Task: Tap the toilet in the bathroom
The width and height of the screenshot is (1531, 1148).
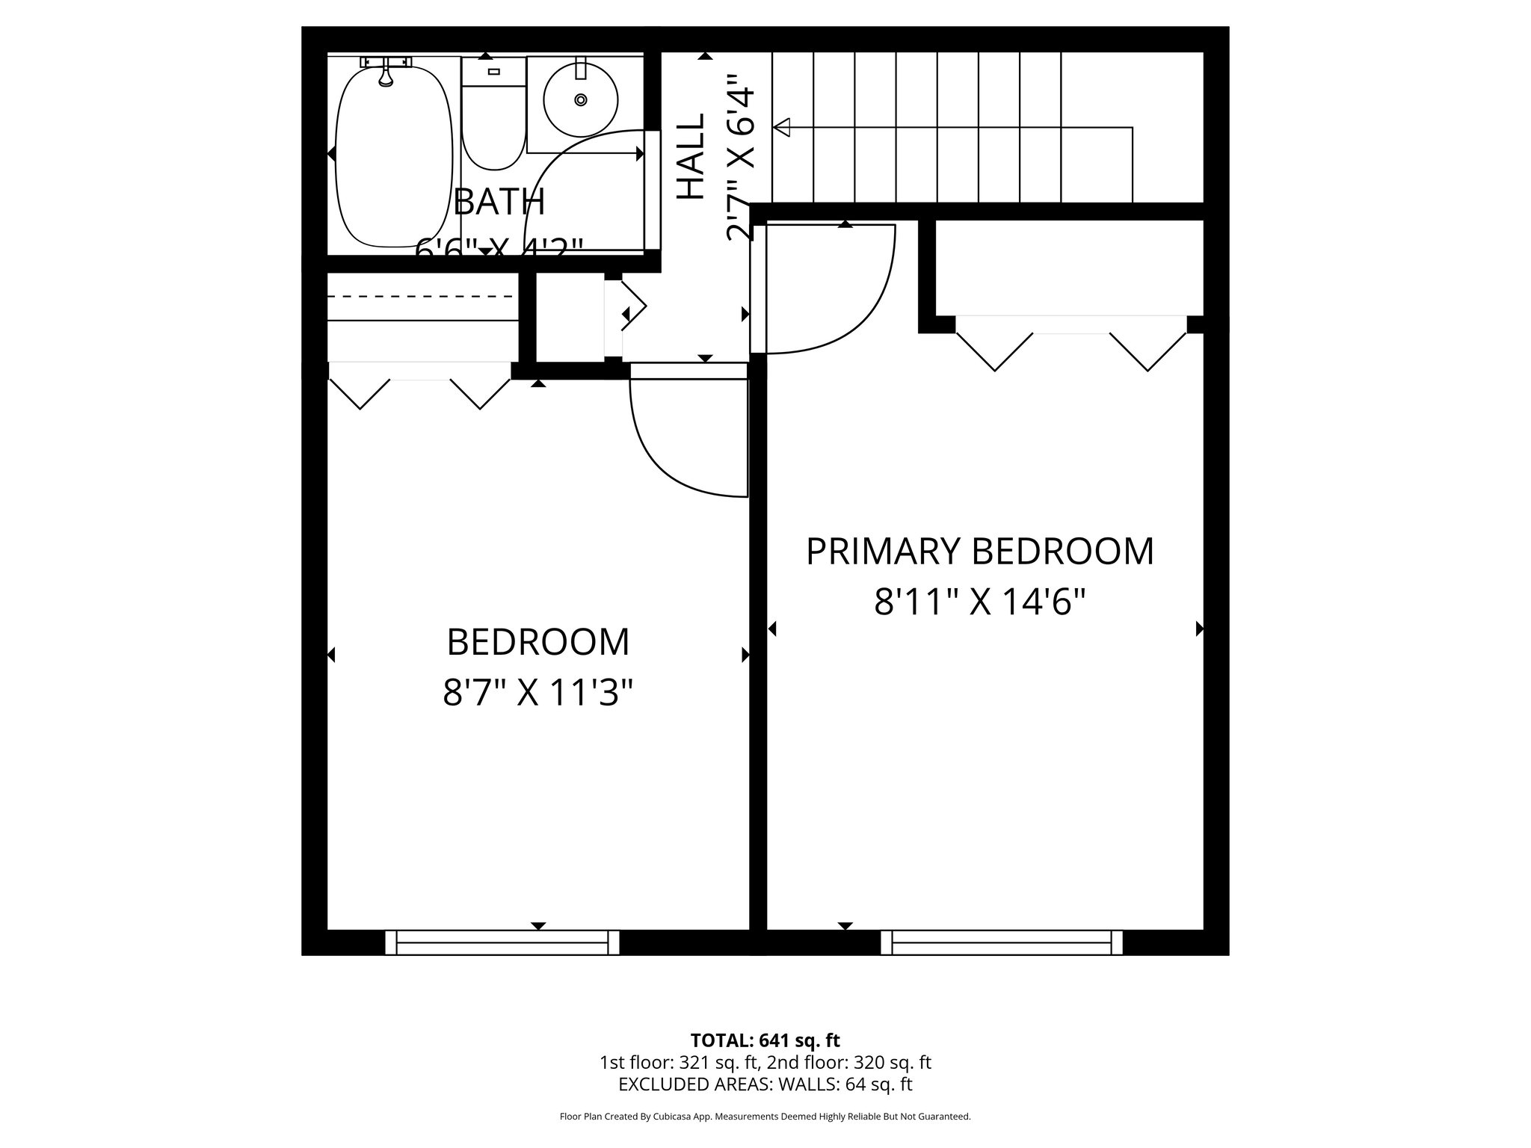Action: click(493, 123)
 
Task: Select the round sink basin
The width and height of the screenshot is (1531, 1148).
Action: click(581, 99)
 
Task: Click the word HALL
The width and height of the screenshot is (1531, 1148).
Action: click(691, 157)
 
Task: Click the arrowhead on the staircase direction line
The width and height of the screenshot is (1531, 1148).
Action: click(782, 128)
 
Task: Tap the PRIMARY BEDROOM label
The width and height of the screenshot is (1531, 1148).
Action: click(979, 552)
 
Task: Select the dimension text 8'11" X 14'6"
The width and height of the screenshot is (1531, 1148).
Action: click(979, 602)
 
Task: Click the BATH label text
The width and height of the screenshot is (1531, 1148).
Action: click(499, 202)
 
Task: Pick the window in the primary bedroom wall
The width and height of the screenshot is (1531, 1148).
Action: click(1001, 942)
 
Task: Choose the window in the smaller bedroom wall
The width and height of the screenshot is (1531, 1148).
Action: click(502, 942)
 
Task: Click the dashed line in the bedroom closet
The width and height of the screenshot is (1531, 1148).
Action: click(423, 297)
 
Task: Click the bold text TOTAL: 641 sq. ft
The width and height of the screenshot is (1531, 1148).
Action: click(765, 1040)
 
